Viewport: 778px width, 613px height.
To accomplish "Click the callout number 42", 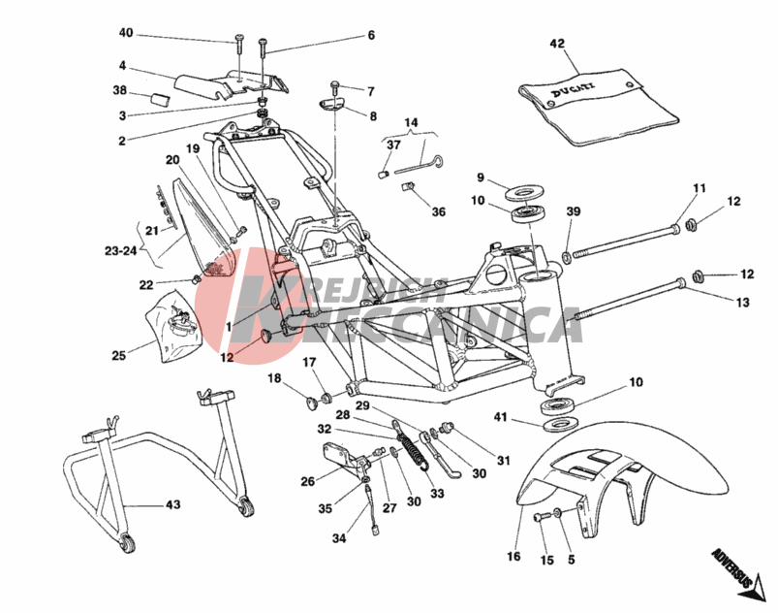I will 556,44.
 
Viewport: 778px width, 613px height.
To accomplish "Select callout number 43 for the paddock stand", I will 171,504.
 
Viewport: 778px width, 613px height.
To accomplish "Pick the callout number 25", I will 118,356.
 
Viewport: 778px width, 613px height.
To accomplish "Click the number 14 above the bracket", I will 410,123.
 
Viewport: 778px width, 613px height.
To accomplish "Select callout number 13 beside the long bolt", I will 742,303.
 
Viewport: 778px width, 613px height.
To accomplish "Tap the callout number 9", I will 480,177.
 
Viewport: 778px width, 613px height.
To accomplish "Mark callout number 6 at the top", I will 370,36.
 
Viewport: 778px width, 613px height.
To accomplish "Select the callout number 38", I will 120,89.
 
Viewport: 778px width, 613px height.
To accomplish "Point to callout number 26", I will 307,481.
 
